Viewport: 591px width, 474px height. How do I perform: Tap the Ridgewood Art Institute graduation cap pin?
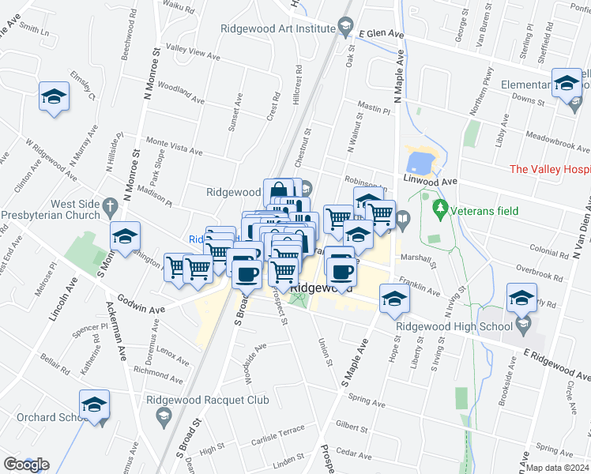345,28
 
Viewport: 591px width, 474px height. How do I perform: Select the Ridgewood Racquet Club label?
208,400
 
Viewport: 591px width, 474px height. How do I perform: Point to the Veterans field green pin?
440,209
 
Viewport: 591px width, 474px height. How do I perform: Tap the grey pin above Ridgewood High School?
523,324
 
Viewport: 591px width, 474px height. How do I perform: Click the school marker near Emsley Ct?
54,96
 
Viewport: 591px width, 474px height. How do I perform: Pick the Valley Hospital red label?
549,169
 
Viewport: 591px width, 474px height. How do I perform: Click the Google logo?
25,464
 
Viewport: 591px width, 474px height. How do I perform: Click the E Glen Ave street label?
381,35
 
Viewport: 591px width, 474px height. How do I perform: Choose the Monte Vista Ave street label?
175,146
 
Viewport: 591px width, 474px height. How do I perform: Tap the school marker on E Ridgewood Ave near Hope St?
393,299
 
